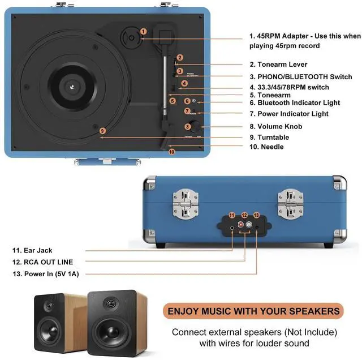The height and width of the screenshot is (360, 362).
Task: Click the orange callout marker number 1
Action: pyautogui.click(x=144, y=31)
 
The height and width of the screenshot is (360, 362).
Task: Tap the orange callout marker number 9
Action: pyautogui.click(x=102, y=131)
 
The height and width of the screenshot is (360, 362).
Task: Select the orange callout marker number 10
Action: pyautogui.click(x=172, y=152)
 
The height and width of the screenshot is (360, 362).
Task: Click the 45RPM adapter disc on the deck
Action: pyautogui.click(x=131, y=38)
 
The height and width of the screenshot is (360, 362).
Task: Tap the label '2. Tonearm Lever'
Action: pyautogui.click(x=278, y=65)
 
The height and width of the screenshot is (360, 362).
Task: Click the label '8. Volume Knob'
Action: pyautogui.click(x=275, y=127)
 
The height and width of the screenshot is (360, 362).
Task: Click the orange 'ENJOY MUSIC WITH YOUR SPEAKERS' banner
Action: pyautogui.click(x=253, y=311)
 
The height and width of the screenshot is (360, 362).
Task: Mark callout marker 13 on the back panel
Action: pyautogui.click(x=256, y=216)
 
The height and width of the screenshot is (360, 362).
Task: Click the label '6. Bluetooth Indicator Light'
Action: pyautogui.click(x=299, y=103)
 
